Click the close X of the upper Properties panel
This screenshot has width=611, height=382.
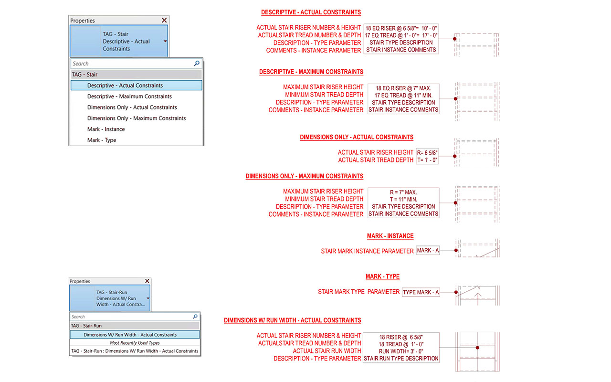coord(164,20)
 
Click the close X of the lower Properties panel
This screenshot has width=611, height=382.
coord(147,281)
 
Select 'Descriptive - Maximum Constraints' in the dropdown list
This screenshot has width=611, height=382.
coord(129,96)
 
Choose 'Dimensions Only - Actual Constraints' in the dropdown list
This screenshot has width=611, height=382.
coord(132,107)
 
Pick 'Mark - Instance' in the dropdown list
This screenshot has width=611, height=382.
coord(106,129)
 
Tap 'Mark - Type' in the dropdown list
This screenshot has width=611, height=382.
coord(102,140)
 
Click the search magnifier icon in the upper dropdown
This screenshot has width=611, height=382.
coord(197,64)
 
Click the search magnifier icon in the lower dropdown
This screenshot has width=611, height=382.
coord(195,316)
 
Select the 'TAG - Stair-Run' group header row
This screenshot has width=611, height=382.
coord(135,326)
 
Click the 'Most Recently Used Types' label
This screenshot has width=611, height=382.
coord(135,343)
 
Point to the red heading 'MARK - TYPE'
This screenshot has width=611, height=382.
coord(382,276)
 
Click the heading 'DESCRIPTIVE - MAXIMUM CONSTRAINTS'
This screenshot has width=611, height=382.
coord(311,72)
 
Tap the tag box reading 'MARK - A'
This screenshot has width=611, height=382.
coord(428,250)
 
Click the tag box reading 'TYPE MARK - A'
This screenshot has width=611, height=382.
coord(421,292)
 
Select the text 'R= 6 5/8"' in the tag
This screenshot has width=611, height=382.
coord(427,153)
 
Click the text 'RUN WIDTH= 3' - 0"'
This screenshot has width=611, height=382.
coord(401,351)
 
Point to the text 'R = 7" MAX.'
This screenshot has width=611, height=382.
coord(403,192)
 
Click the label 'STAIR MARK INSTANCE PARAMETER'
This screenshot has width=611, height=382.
coord(367,251)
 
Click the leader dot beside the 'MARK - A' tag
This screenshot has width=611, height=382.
coord(456,250)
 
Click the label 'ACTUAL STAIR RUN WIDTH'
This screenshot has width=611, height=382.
coord(327,351)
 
